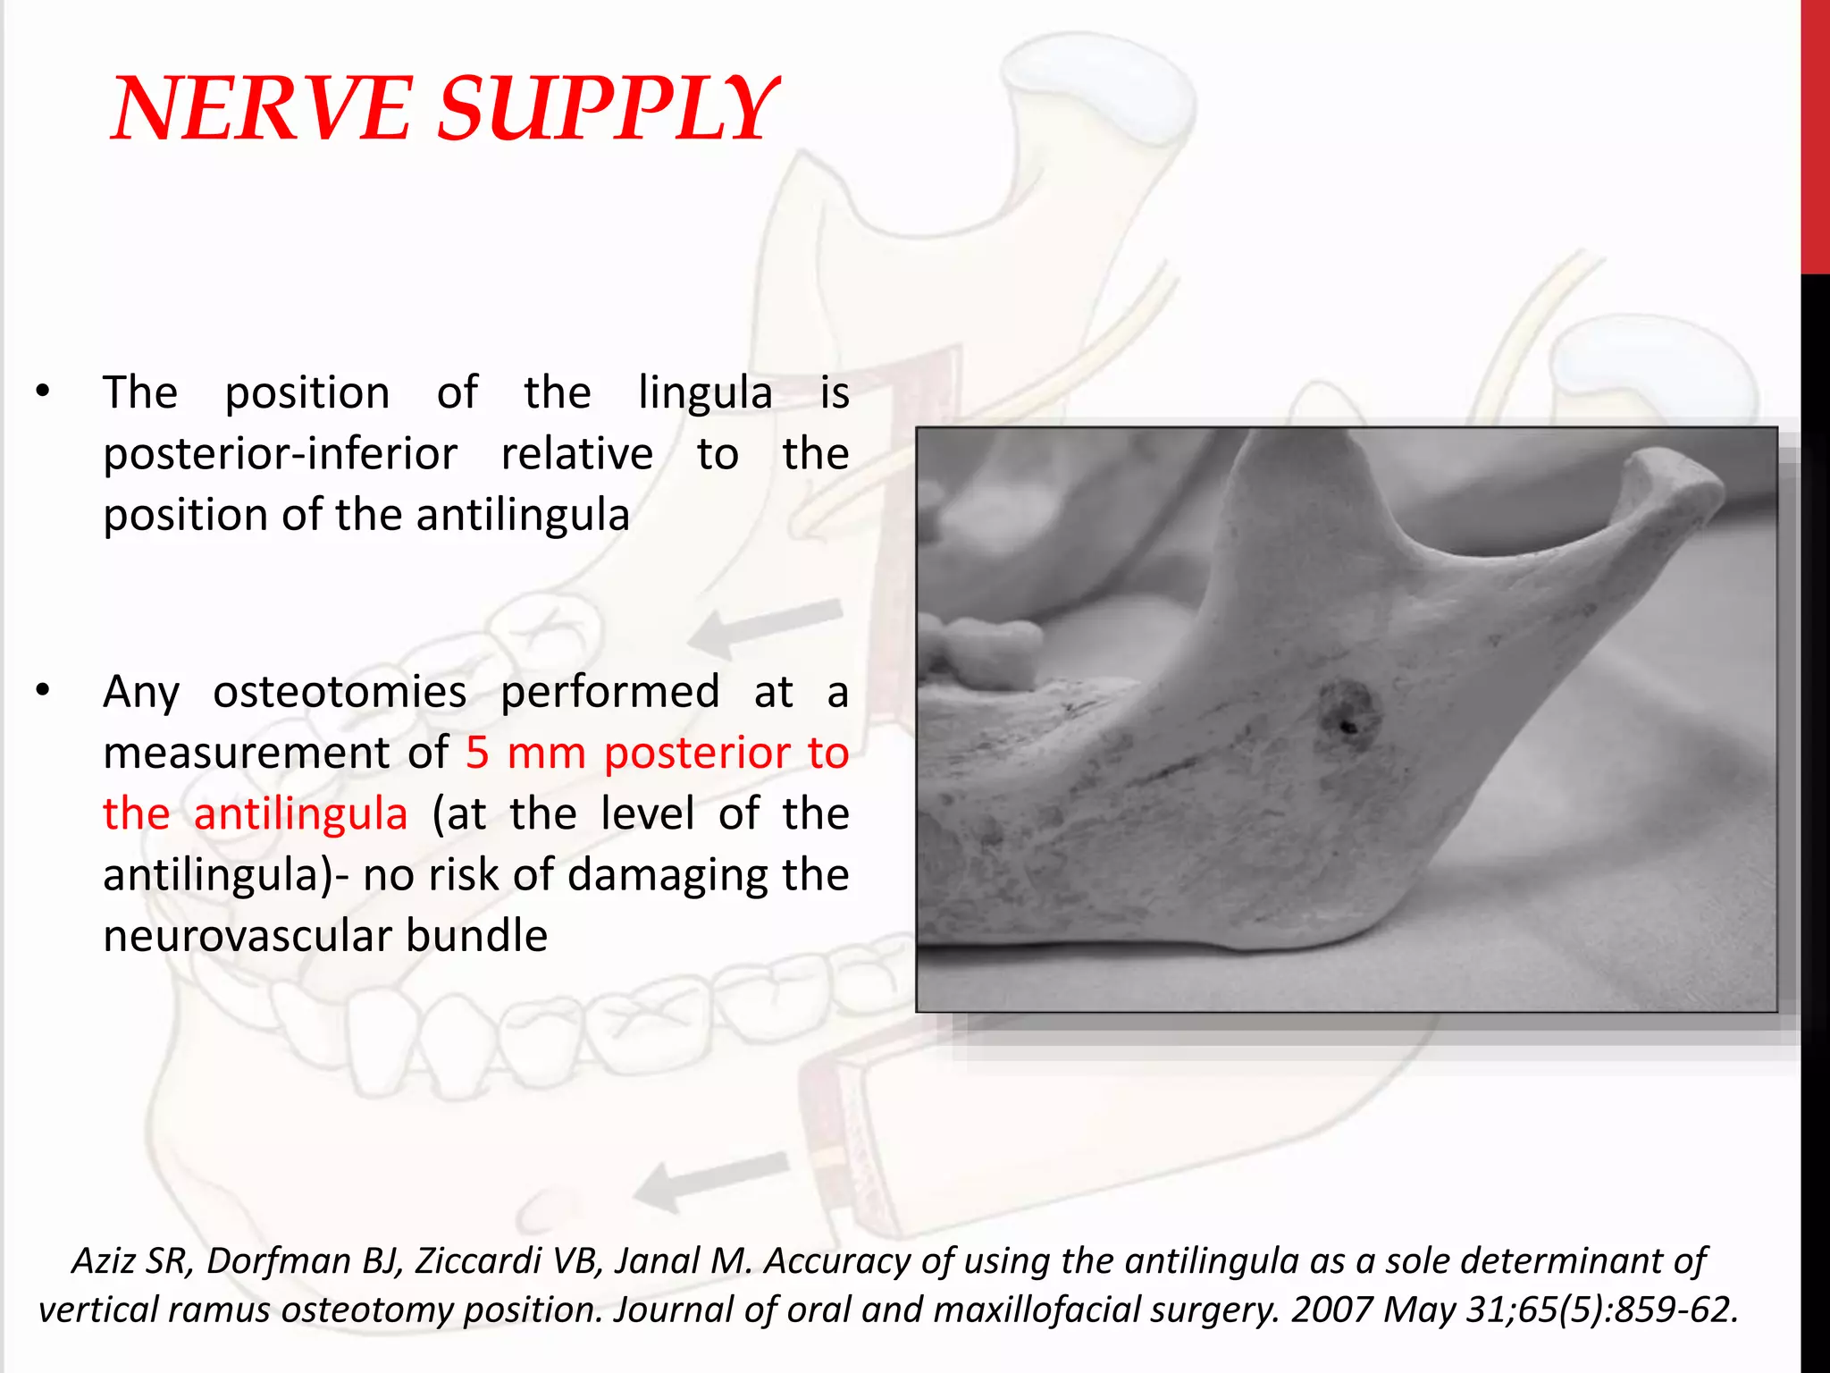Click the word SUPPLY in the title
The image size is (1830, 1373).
608,109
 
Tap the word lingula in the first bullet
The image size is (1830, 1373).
705,393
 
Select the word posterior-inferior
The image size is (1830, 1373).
280,454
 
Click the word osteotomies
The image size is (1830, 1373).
340,692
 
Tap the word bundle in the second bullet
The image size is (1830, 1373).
476,936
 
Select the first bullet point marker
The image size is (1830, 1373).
43,392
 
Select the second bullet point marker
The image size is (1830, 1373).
43,691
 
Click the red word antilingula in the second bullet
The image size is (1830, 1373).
300,814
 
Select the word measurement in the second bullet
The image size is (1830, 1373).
246,754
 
